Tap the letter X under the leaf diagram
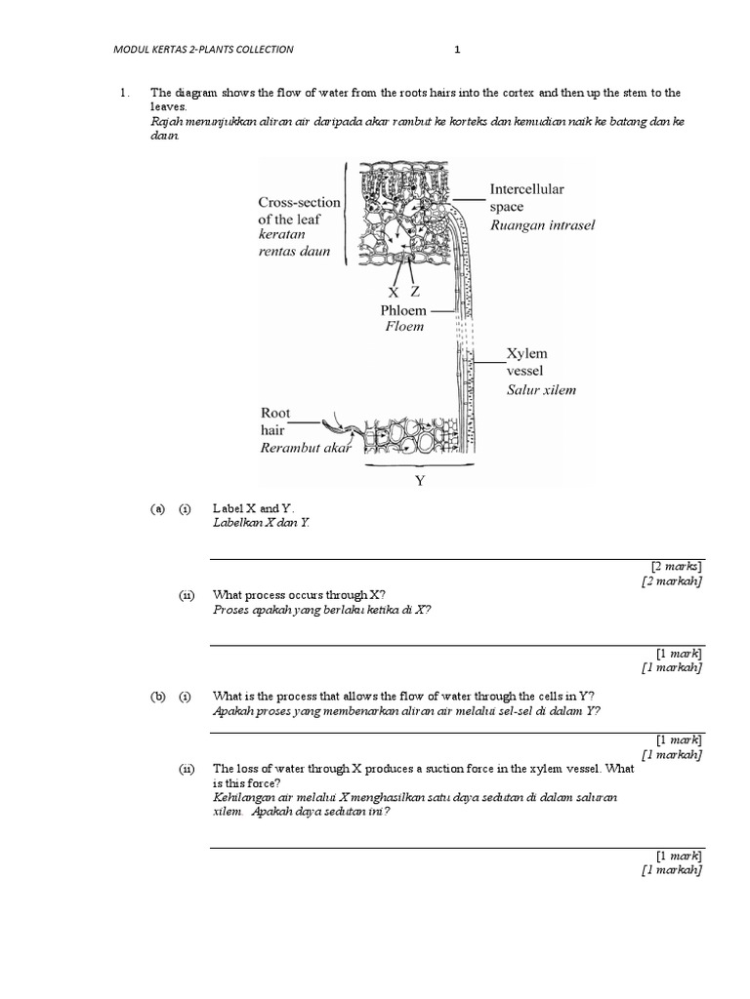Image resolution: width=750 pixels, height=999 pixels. [x=394, y=292]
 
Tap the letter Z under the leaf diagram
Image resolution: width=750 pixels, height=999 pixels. [x=415, y=292]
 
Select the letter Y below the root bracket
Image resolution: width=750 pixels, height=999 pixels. [x=422, y=480]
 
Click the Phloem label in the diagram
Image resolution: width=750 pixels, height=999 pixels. [x=403, y=310]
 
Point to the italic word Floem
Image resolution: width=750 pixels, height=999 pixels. [x=403, y=327]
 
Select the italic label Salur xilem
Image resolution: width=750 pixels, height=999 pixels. [x=541, y=390]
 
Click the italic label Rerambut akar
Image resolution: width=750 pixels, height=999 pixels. [x=304, y=449]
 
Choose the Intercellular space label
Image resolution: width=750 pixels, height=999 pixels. [x=526, y=198]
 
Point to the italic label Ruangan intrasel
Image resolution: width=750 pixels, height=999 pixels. [x=542, y=225]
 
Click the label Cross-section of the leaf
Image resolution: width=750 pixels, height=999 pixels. [x=300, y=211]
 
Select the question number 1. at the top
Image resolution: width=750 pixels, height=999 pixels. [x=123, y=93]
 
